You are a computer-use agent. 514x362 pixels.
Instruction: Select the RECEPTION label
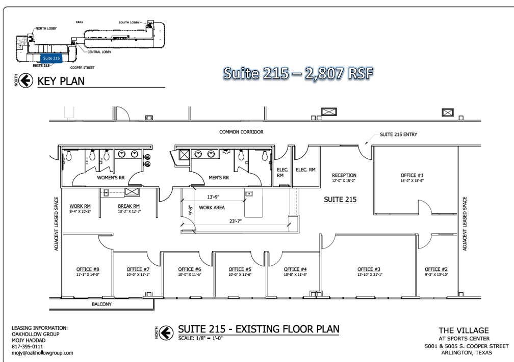click(344, 175)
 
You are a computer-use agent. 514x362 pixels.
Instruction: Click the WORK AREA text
click(212, 208)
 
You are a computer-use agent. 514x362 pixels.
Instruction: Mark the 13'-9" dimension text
click(214, 196)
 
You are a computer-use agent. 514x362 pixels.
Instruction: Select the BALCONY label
click(102, 304)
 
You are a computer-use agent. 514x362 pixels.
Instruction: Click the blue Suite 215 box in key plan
click(51, 58)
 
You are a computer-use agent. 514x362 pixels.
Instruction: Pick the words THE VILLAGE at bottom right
click(464, 330)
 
